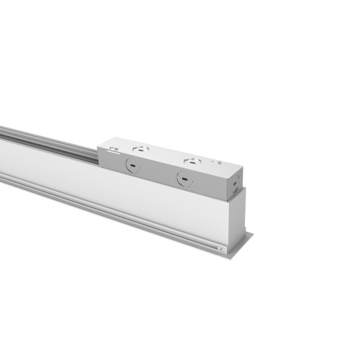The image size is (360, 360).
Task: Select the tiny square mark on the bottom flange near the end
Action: point(220,248)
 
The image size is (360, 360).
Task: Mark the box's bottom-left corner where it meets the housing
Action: point(99,166)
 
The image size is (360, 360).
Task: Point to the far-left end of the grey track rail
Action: point(3,130)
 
